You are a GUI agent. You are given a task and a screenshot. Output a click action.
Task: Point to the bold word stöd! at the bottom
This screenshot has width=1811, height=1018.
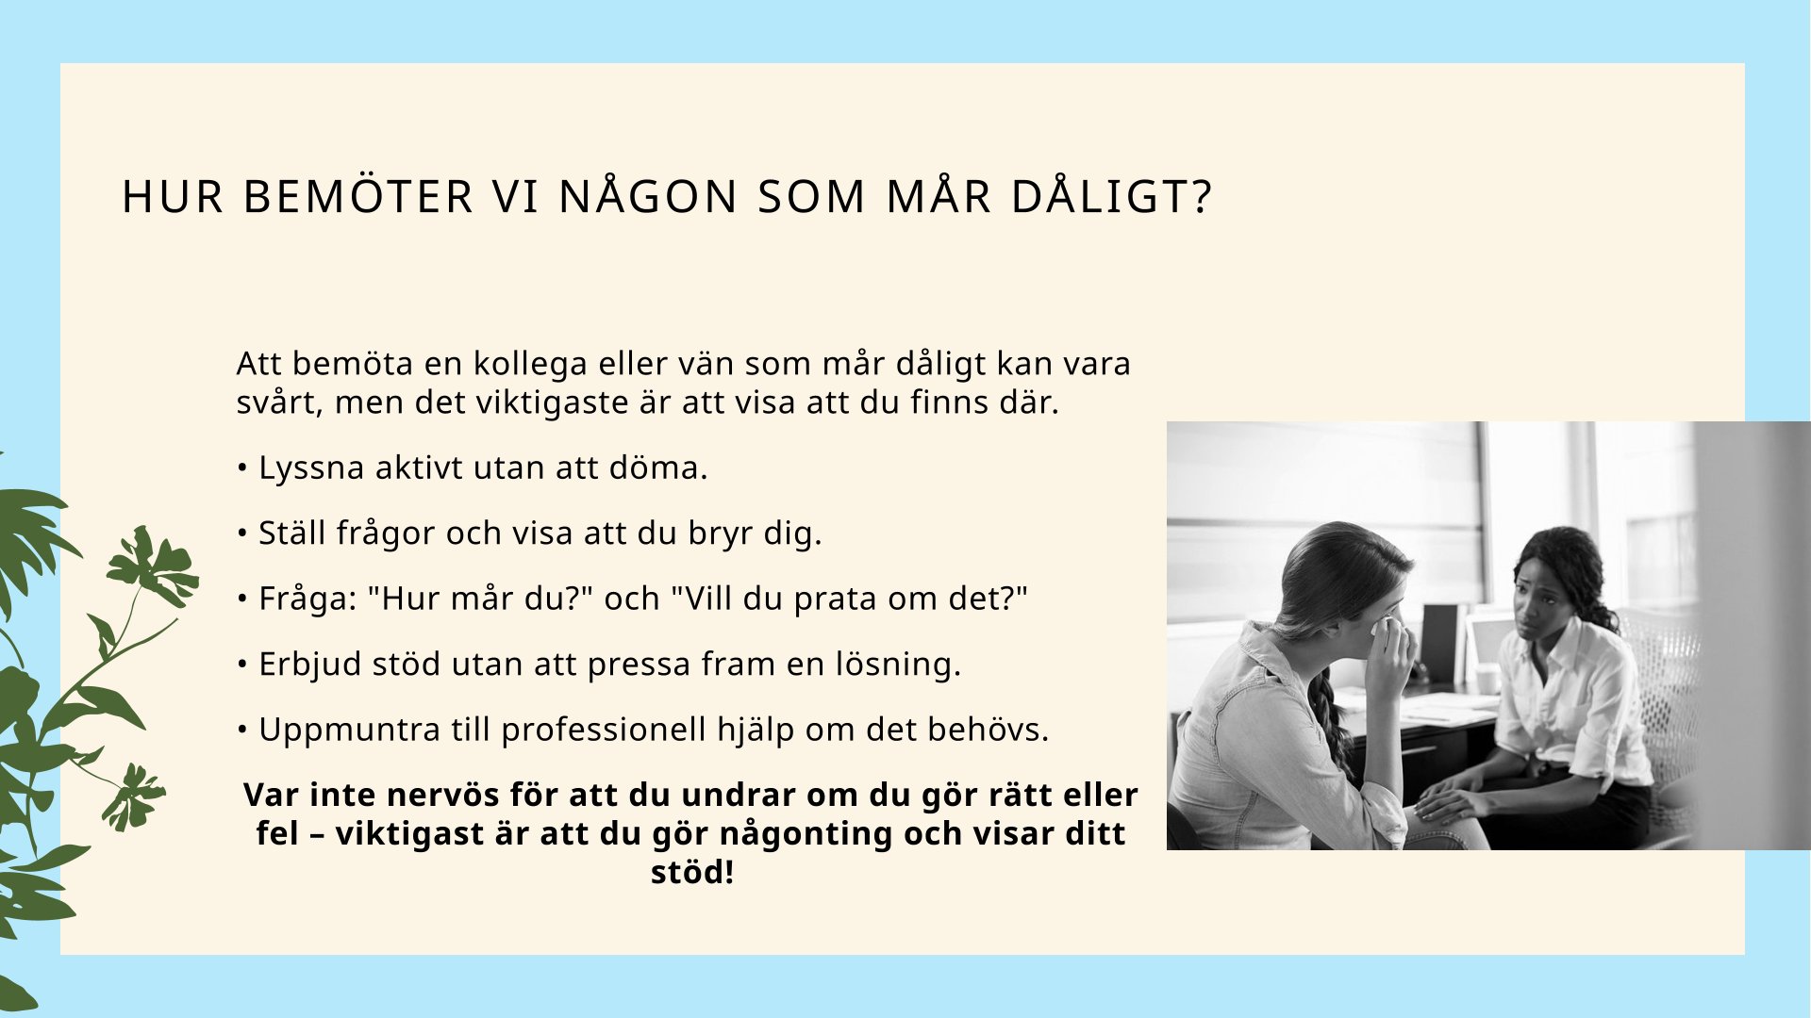pos(692,873)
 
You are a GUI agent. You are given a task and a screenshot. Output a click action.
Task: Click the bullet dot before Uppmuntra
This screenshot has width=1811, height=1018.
pos(242,729)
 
